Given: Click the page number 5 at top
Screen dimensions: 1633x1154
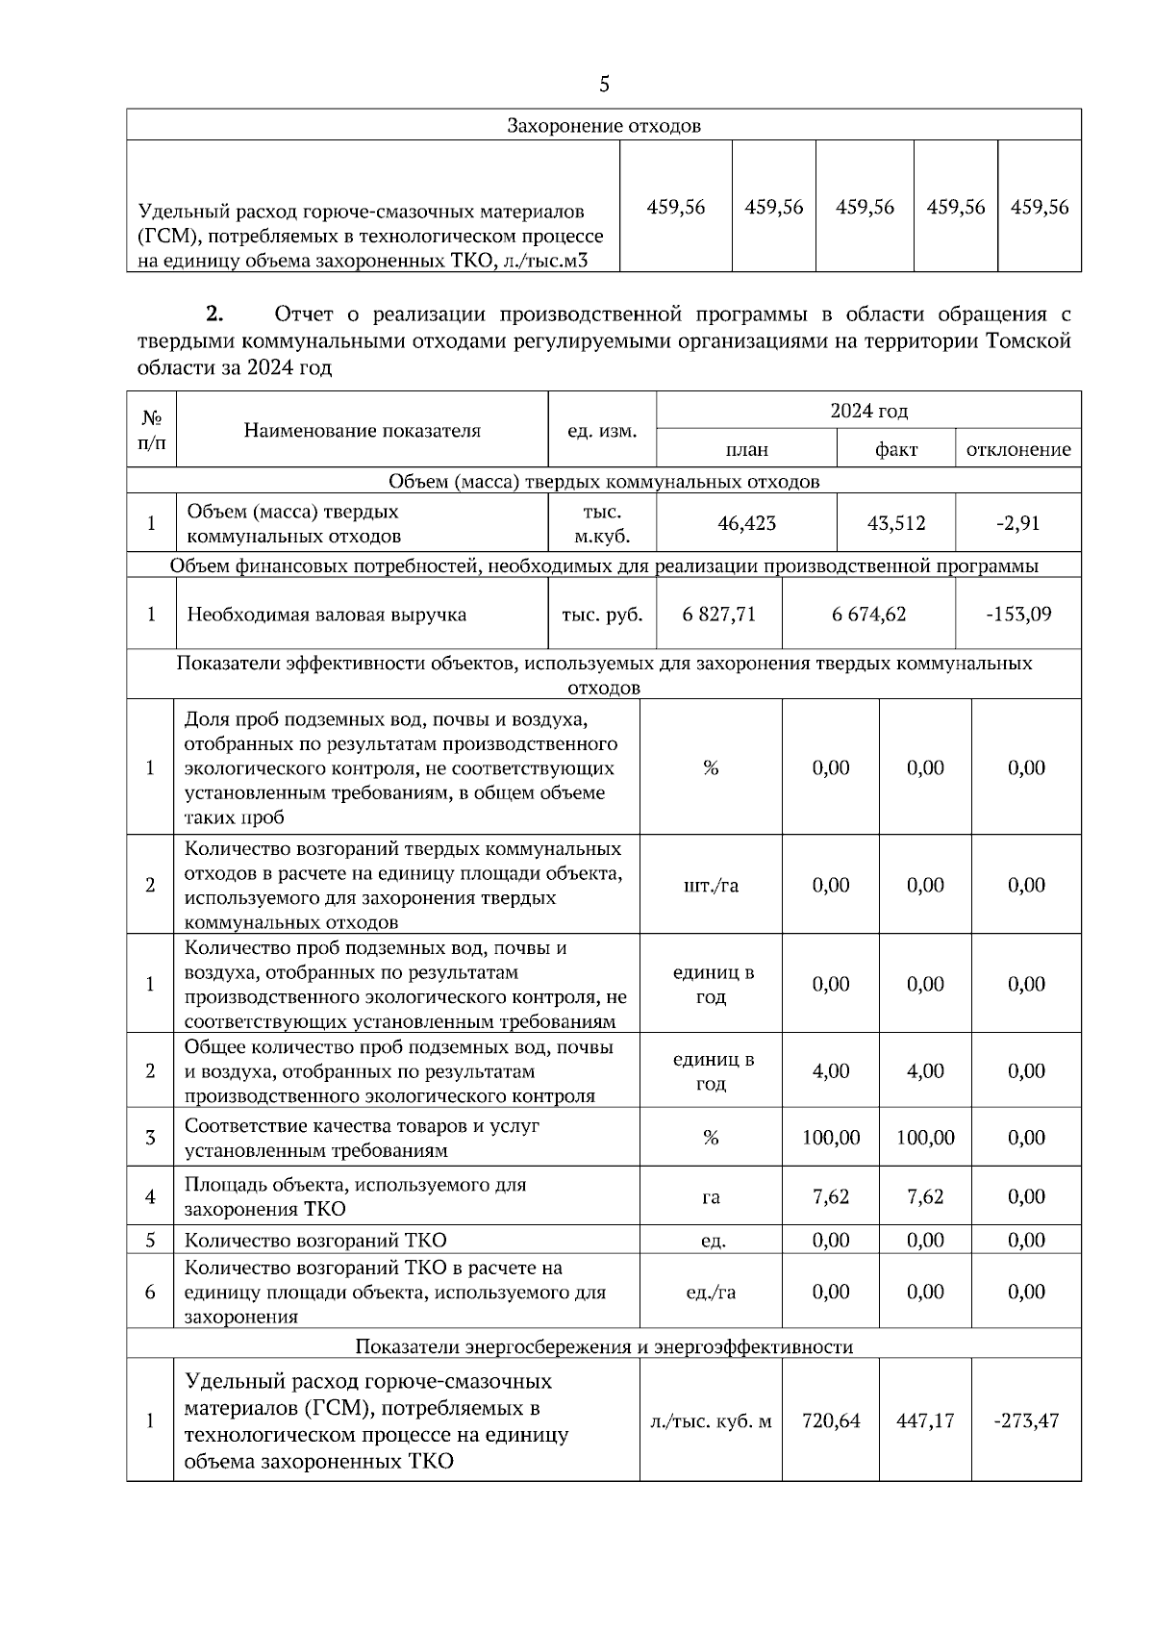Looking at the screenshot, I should (604, 85).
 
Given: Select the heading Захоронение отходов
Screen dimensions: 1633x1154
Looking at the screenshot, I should (604, 126).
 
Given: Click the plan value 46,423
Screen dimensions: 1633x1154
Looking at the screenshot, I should (746, 523).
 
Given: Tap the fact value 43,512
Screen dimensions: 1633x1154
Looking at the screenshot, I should (896, 523).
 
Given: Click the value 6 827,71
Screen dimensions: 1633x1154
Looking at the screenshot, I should (719, 614).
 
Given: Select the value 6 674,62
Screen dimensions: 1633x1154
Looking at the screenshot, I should (868, 614).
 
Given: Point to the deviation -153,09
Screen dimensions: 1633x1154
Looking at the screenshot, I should (1018, 614).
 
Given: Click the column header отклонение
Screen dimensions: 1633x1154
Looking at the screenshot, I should (1018, 449).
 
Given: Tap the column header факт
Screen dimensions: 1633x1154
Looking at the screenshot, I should (896, 449).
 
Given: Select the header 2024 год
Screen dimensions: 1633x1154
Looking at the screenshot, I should (868, 411).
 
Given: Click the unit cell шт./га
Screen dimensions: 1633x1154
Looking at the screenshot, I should (711, 885).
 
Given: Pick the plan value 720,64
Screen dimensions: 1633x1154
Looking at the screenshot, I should (831, 1420).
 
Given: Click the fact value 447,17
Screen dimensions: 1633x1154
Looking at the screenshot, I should (925, 1420).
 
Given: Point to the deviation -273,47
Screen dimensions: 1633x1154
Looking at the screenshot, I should (1026, 1420).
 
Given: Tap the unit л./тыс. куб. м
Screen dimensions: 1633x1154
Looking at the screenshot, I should (711, 1420).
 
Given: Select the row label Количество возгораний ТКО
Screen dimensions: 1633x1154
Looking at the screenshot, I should (315, 1240).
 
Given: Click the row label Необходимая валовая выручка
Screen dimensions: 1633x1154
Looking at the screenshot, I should (326, 614).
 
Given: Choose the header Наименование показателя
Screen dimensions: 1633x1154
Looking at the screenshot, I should (362, 430).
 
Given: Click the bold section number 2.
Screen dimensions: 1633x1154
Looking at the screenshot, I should (214, 314).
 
